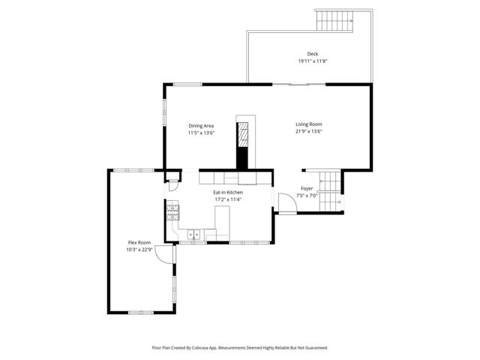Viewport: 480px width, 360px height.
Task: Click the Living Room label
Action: pos(308,124)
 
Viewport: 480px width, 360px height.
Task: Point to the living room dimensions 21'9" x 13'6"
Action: pos(308,132)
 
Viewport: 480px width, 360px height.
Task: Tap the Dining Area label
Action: pos(201,125)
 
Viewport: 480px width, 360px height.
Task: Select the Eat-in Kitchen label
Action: pos(228,193)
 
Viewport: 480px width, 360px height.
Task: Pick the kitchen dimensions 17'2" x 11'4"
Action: pos(228,199)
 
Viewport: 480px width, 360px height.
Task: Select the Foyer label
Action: pos(307,188)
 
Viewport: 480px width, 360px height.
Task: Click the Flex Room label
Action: pos(139,242)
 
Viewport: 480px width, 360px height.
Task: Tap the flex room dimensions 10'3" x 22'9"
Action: pos(139,250)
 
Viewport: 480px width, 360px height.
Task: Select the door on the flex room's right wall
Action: pos(169,255)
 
